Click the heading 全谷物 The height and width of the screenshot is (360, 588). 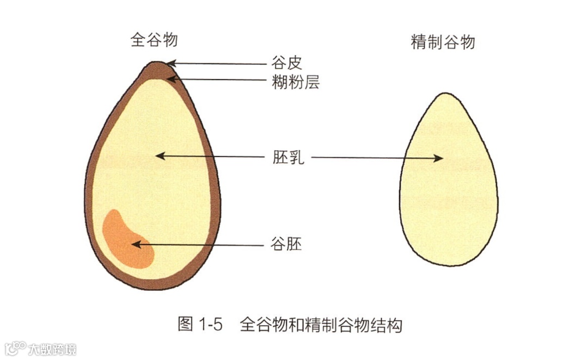pyautogui.click(x=154, y=41)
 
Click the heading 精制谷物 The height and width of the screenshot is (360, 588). pyautogui.click(x=442, y=42)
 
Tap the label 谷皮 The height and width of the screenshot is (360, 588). pyautogui.click(x=286, y=63)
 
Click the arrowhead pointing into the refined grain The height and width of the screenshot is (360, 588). pyautogui.click(x=438, y=158)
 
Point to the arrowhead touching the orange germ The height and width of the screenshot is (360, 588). pyautogui.click(x=136, y=245)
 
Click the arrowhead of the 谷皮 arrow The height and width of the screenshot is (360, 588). pyautogui.click(x=171, y=63)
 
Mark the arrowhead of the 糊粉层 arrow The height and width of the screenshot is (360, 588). pyautogui.click(x=170, y=80)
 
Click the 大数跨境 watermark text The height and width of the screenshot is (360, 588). pyautogui.click(x=52, y=349)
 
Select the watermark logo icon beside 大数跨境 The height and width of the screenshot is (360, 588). pyautogui.click(x=16, y=348)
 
